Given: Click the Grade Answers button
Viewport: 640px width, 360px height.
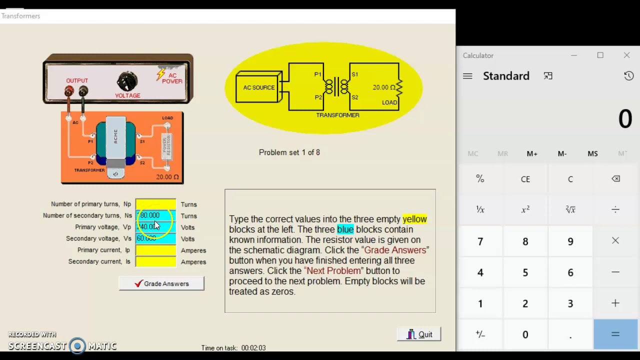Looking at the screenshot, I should pyautogui.click(x=161, y=283).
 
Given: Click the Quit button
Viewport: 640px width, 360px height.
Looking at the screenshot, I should pyautogui.click(x=419, y=334).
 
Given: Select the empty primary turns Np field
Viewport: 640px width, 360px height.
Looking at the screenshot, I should pyautogui.click(x=155, y=204).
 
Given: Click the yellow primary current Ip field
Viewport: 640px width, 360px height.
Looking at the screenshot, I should pyautogui.click(x=155, y=250).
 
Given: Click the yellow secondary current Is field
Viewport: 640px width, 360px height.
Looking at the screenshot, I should pyautogui.click(x=155, y=261).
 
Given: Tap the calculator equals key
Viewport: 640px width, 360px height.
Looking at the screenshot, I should pyautogui.click(x=615, y=334).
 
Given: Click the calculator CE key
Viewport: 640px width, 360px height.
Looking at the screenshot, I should pyautogui.click(x=525, y=179).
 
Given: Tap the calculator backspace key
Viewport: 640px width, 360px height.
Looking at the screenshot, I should pyautogui.click(x=615, y=179).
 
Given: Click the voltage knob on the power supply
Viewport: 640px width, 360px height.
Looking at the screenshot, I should pyautogui.click(x=127, y=81).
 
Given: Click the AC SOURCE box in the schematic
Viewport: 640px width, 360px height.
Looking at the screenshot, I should pyautogui.click(x=258, y=88).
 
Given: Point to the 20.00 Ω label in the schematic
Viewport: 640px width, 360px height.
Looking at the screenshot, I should pyautogui.click(x=383, y=87).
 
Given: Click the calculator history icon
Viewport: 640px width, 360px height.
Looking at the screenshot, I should pyautogui.click(x=628, y=76).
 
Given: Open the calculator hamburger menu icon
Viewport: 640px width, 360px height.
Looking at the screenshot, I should pyautogui.click(x=467, y=76).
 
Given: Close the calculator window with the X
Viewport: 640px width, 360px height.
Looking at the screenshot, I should pyautogui.click(x=626, y=55).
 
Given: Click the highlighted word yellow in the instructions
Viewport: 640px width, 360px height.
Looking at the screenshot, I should pyautogui.click(x=414, y=219).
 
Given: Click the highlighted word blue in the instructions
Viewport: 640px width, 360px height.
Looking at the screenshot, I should pyautogui.click(x=345, y=229).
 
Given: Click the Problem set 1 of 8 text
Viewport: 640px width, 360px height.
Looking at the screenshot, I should pyautogui.click(x=289, y=152).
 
